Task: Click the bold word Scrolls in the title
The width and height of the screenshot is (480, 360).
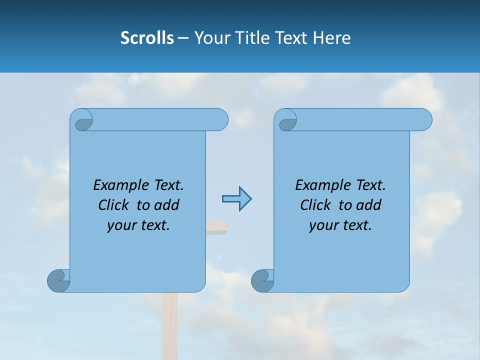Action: click(x=147, y=38)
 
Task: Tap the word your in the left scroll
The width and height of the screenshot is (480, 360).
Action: click(x=121, y=225)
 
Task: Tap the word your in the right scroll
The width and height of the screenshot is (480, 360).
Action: click(x=323, y=225)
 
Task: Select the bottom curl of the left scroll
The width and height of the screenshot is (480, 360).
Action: click(x=58, y=280)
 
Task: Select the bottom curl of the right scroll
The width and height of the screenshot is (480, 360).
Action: click(x=262, y=280)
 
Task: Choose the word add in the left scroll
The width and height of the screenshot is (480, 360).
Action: click(x=166, y=205)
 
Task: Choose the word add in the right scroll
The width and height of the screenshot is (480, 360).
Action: click(x=368, y=205)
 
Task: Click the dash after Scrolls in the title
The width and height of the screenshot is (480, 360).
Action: click(x=183, y=38)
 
